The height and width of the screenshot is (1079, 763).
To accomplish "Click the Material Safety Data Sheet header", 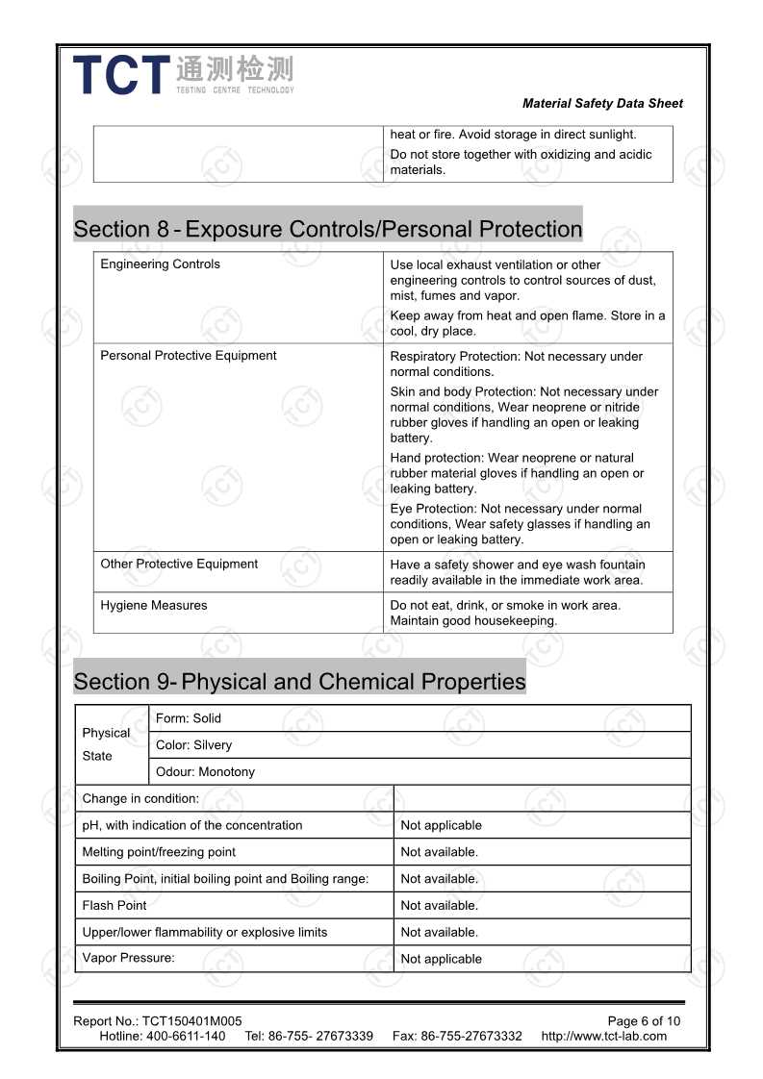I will (x=602, y=104).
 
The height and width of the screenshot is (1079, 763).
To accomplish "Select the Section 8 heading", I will (x=328, y=229).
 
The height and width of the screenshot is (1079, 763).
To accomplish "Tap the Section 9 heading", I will (x=299, y=682).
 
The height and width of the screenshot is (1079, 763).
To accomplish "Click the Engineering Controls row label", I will (x=160, y=264).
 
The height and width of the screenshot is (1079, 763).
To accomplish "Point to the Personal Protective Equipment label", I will (x=188, y=356).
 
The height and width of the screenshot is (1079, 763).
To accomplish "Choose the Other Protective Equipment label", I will (x=179, y=565).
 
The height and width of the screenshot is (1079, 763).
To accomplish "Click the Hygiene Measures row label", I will (x=153, y=606).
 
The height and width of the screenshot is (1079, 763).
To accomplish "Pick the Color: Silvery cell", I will (x=193, y=745).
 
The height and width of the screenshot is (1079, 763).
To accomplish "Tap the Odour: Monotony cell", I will (x=205, y=772).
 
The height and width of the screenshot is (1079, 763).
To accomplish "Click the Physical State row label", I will (x=106, y=744).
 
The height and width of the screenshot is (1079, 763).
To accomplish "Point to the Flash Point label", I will (x=114, y=905).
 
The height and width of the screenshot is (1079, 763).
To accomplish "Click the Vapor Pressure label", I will (x=128, y=958).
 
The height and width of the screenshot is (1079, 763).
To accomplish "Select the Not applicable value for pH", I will (x=441, y=825).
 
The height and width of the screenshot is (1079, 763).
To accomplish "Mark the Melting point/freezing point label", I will (x=159, y=852).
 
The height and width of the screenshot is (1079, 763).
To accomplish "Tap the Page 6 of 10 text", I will (x=644, y=1021).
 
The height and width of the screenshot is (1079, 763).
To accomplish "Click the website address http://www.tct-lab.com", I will (x=603, y=1036).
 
